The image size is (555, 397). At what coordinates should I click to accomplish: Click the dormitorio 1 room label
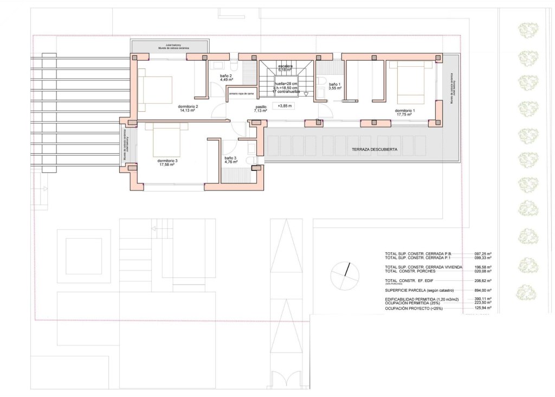point(405,111)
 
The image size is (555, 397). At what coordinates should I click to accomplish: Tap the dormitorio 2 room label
point(188,107)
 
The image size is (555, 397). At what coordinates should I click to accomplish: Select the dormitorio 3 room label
point(167,161)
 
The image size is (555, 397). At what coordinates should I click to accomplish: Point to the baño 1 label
point(335,85)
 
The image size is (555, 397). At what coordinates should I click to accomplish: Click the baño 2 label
point(226,76)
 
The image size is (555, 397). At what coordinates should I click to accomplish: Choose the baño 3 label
point(231,159)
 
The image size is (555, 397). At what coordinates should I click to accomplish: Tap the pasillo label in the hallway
point(261,107)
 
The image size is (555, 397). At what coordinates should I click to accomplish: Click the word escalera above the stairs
point(285,66)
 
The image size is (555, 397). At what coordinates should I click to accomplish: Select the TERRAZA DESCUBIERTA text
point(376,149)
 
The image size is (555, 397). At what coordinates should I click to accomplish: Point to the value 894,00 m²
point(482,291)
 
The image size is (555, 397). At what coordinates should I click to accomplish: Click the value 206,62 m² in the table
point(482,281)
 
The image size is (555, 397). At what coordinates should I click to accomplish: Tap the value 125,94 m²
point(482,308)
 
